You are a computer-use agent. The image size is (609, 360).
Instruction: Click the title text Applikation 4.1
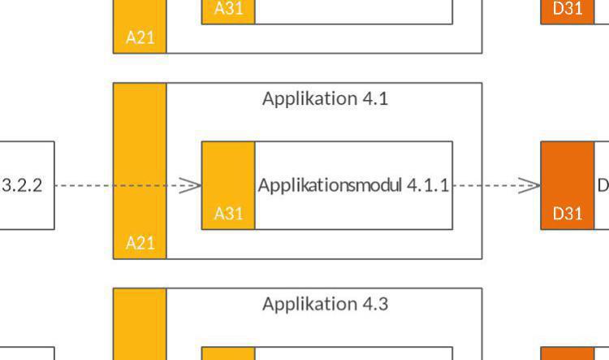pyautogui.click(x=325, y=99)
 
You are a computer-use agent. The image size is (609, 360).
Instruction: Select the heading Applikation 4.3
pyautogui.click(x=325, y=305)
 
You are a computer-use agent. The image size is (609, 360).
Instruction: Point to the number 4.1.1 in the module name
pyautogui.click(x=428, y=185)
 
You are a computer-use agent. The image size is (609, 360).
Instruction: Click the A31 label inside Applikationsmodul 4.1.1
pyautogui.click(x=228, y=214)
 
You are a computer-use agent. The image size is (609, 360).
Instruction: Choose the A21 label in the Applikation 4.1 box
pyautogui.click(x=140, y=242)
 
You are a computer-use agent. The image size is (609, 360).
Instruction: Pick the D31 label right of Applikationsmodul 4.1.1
pyautogui.click(x=568, y=214)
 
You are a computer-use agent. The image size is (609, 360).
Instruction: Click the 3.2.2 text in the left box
pyautogui.click(x=22, y=185)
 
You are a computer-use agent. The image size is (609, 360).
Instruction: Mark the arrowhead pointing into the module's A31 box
pyautogui.click(x=192, y=185)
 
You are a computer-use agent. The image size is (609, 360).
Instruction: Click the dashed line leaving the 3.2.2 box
pyautogui.click(x=81, y=185)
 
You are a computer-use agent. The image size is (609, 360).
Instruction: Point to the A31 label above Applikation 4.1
pyautogui.click(x=228, y=9)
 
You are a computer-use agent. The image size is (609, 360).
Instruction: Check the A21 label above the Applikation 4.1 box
pyautogui.click(x=140, y=37)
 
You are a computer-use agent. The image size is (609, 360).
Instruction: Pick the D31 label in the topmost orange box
pyautogui.click(x=568, y=9)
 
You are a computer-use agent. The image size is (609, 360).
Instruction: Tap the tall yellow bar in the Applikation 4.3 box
pyautogui.click(x=140, y=325)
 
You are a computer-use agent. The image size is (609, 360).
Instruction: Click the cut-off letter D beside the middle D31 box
pyautogui.click(x=603, y=185)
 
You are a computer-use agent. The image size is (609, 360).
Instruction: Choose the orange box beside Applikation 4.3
pyautogui.click(x=568, y=354)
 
